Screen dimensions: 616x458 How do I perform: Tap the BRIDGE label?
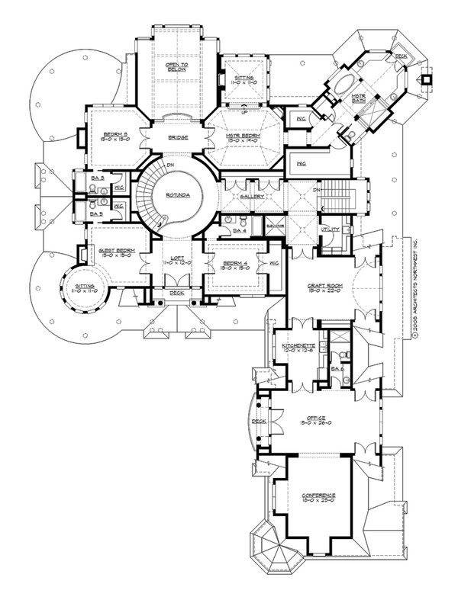click(177, 139)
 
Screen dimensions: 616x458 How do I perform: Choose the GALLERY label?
click(252, 196)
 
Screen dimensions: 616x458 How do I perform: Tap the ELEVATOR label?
click(275, 226)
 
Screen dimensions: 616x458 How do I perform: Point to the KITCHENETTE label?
click(294, 346)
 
